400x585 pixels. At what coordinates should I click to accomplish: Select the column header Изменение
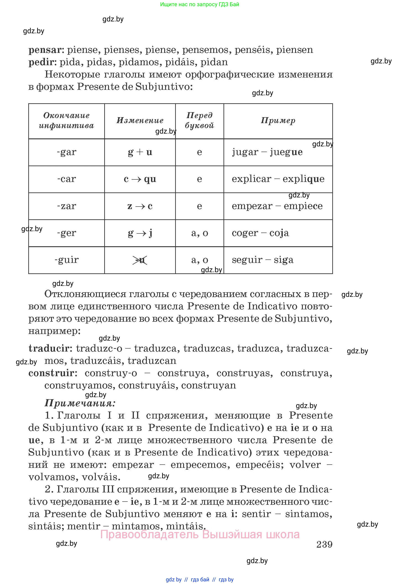pyautogui.click(x=140, y=121)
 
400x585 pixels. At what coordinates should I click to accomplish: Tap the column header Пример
pyautogui.click(x=278, y=121)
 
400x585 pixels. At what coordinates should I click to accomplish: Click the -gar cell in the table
pyautogui.click(x=66, y=152)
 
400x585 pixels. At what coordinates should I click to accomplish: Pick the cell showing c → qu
pyautogui.click(x=140, y=179)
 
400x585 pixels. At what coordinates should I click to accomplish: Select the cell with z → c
pyautogui.click(x=140, y=206)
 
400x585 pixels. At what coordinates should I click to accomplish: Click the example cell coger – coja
pyautogui.click(x=260, y=233)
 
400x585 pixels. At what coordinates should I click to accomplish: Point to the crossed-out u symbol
pyautogui.click(x=140, y=260)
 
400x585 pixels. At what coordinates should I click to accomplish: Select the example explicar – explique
pyautogui.click(x=278, y=179)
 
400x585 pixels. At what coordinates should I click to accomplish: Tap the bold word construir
pyautogui.click(x=51, y=373)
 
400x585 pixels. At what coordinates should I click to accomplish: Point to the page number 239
pyautogui.click(x=324, y=544)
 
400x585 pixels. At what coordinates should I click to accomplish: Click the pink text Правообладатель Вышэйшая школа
pyautogui.click(x=200, y=534)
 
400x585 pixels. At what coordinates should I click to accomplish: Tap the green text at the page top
pyautogui.click(x=199, y=4)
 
